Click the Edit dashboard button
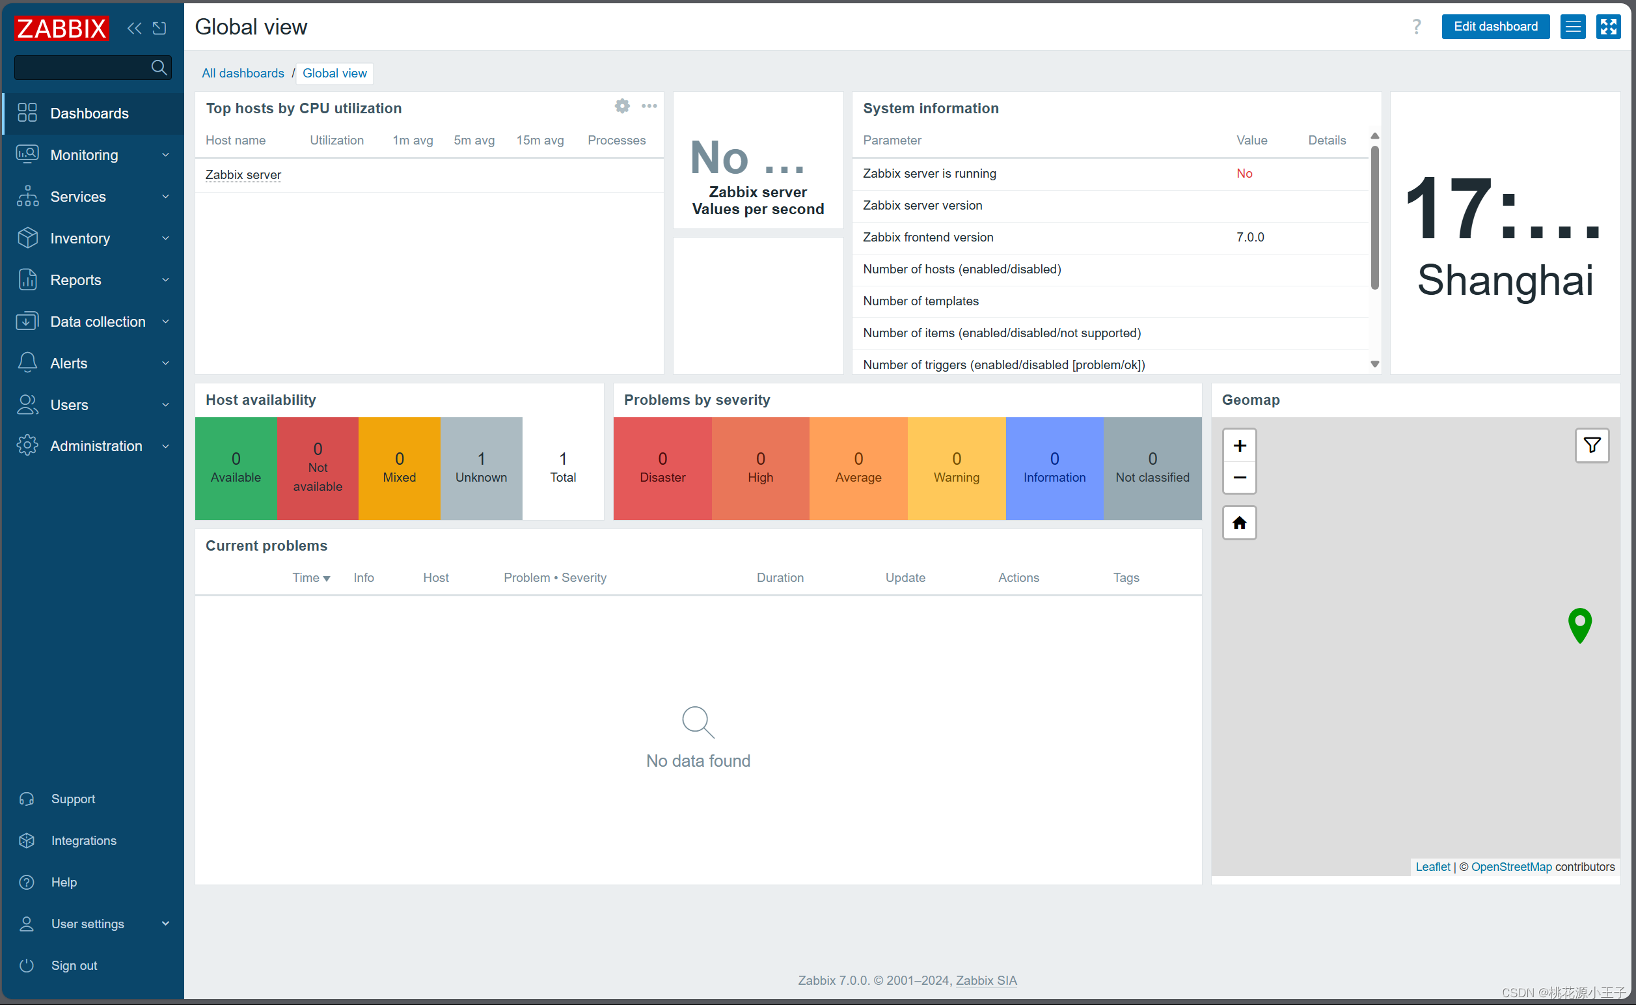(x=1495, y=27)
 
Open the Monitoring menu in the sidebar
(x=85, y=155)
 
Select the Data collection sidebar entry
(x=98, y=322)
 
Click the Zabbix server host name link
(x=243, y=175)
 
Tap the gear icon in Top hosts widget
(x=622, y=106)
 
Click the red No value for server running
(x=1244, y=174)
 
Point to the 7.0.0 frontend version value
(x=1250, y=238)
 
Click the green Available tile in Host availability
(x=236, y=468)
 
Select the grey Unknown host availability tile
(x=481, y=468)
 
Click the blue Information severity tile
(x=1054, y=468)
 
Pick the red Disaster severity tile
(x=662, y=468)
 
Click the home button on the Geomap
(x=1239, y=523)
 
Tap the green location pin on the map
(x=1579, y=624)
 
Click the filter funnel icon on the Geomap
(x=1592, y=445)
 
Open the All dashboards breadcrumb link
(x=243, y=73)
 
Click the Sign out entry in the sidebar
(x=74, y=965)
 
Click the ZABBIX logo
(x=62, y=29)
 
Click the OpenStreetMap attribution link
(x=1511, y=867)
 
